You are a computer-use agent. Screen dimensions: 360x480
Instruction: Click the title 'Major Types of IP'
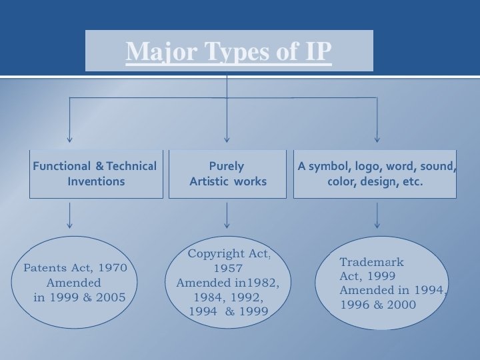click(229, 51)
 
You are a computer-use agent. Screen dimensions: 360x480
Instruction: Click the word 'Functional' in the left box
click(61, 166)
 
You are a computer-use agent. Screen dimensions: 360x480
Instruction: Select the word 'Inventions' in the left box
click(96, 181)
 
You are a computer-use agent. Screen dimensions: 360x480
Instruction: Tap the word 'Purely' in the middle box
click(227, 166)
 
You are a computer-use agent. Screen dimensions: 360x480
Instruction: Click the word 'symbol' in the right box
click(329, 166)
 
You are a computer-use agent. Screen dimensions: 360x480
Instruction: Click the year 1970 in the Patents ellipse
click(113, 268)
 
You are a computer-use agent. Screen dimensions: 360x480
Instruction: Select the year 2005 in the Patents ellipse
click(111, 297)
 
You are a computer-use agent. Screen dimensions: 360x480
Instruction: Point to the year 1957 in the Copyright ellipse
click(228, 268)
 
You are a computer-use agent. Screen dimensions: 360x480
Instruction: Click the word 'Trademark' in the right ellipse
click(371, 262)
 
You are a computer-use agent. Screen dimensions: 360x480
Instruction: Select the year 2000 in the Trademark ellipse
click(401, 305)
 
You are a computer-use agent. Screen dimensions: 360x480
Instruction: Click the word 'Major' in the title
click(151, 51)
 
